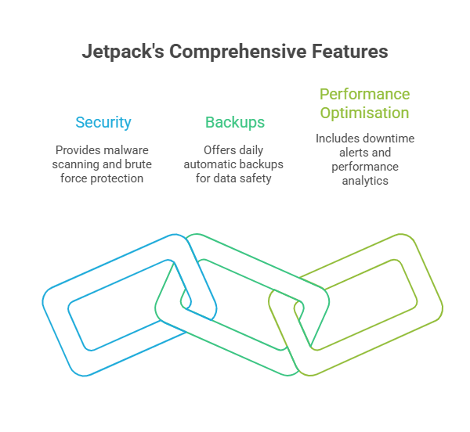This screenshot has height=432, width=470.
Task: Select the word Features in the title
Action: [x=350, y=52]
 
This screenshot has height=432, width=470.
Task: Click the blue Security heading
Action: [x=103, y=123]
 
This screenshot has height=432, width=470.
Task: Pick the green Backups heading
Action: [x=235, y=123]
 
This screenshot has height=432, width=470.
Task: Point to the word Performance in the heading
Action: [x=364, y=94]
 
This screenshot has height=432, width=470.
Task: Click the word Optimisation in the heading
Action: [x=364, y=113]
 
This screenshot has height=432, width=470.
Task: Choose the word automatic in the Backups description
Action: [x=208, y=164]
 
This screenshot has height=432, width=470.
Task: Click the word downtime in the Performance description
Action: [x=389, y=139]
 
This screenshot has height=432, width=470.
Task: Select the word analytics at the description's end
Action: [x=365, y=181]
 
